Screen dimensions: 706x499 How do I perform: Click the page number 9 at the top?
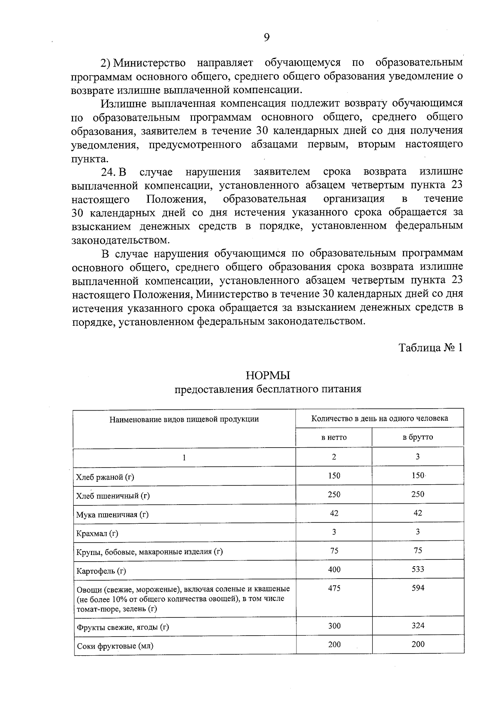point(267,37)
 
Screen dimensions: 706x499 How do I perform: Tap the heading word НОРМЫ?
point(268,376)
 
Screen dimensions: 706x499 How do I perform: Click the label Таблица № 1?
point(431,348)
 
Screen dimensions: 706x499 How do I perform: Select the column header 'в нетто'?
point(333,437)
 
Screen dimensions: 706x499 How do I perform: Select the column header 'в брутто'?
point(417,437)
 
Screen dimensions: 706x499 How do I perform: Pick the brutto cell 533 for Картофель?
point(417,569)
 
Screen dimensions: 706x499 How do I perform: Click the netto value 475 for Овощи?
point(334,588)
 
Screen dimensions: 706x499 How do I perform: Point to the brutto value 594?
point(417,588)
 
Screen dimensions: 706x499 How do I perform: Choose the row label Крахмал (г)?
point(97,533)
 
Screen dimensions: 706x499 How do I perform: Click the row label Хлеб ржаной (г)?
point(105,477)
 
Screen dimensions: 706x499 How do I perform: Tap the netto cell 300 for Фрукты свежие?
point(334,626)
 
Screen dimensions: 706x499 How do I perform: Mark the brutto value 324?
point(417,626)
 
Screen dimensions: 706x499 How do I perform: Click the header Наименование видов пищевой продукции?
point(184,419)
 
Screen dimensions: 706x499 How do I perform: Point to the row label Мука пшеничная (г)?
point(112,515)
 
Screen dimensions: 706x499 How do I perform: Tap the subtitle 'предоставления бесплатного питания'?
point(268,389)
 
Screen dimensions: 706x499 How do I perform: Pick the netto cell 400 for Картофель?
point(334,569)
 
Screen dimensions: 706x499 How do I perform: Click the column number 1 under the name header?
point(184,457)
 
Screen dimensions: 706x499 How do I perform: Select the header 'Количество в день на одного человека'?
point(380,419)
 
